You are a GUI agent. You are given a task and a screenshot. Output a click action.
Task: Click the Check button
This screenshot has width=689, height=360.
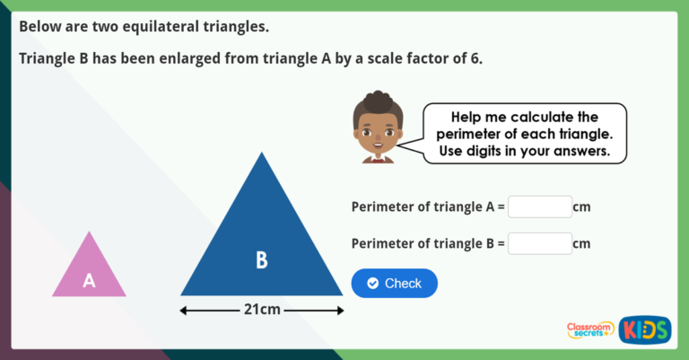tap(394, 283)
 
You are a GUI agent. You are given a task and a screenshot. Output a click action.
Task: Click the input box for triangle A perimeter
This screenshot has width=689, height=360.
tap(539, 206)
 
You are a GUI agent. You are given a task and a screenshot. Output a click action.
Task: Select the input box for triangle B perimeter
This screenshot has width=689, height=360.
tap(539, 243)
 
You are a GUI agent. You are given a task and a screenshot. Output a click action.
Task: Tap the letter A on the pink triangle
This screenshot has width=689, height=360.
tap(89, 281)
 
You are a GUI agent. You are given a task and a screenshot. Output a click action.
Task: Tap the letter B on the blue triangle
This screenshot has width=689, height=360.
tap(261, 260)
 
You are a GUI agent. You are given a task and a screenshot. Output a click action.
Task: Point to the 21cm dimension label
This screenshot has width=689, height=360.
tap(262, 310)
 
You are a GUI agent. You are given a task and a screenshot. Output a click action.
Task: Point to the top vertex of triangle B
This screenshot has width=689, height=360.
tap(262, 154)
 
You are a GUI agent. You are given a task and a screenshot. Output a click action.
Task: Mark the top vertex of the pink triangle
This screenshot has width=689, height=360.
tap(89, 233)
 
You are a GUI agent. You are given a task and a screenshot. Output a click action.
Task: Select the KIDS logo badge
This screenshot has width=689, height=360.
tap(644, 329)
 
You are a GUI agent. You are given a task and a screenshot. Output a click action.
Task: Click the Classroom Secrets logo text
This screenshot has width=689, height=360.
tap(590, 330)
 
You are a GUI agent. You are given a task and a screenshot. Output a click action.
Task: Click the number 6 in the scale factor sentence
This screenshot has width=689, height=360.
tap(475, 58)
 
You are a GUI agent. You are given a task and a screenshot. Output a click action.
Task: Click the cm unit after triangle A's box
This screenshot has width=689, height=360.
tap(581, 206)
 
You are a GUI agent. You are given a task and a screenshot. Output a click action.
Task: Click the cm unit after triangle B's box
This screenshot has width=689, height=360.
tap(581, 243)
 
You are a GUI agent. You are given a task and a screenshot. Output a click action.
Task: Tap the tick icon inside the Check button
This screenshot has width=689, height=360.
tap(372, 283)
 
